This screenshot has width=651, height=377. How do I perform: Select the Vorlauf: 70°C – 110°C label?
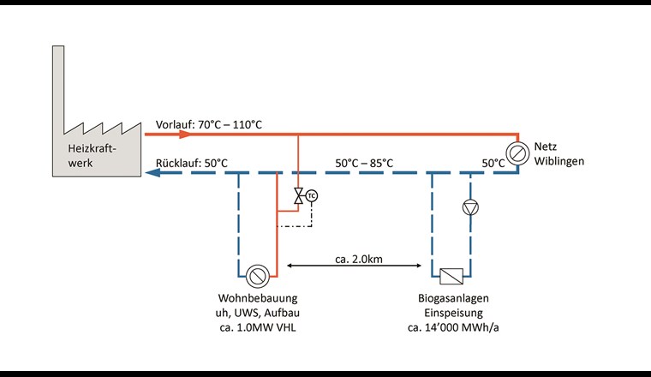tap(209, 125)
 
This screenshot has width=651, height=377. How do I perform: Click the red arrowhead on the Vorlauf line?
tap(183, 135)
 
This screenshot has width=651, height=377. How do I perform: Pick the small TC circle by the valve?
tap(311, 195)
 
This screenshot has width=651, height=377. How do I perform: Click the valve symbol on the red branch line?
tap(298, 196)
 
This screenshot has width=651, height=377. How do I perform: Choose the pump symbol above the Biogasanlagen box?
tap(469, 207)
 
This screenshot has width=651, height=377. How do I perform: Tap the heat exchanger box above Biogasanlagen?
tap(451, 276)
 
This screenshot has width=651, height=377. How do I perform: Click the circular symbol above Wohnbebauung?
tap(257, 276)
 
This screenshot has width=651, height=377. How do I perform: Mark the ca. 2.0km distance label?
tap(359, 258)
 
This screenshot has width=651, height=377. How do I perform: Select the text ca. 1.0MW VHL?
tap(256, 326)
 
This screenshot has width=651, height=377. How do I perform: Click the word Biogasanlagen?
tap(451, 298)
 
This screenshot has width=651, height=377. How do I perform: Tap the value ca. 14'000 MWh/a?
tap(451, 326)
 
